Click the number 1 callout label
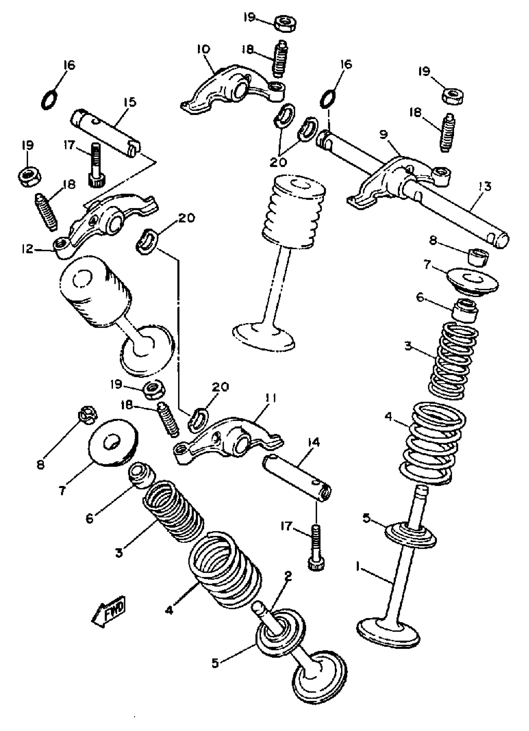[358, 566]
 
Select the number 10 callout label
[204, 49]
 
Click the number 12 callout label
[27, 249]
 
